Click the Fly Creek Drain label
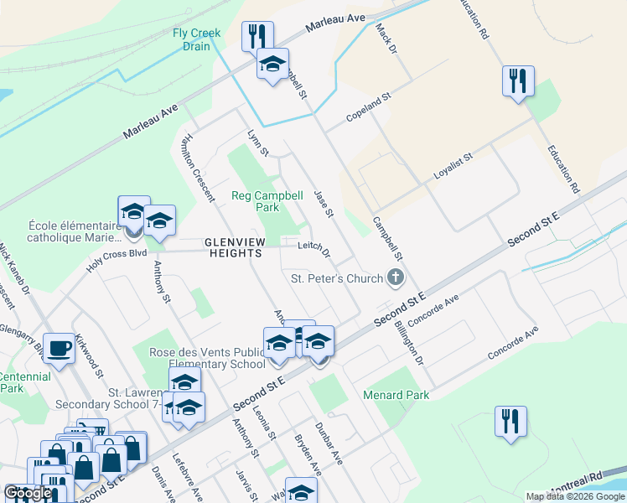196,39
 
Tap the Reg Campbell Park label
267,201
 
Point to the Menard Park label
396,395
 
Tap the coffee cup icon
60,348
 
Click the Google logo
28,493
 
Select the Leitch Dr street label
314,249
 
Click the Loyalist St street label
453,167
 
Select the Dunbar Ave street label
329,443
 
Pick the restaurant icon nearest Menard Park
510,421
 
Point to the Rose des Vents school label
207,358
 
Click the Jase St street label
324,205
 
